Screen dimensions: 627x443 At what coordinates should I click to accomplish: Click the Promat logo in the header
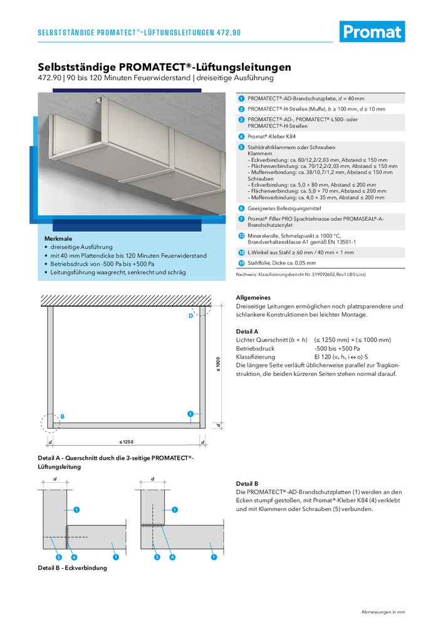[x=372, y=31]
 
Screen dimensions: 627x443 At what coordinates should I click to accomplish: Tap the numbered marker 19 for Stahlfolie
[x=241, y=264]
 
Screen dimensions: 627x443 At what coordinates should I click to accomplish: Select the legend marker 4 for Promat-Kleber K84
[x=241, y=136]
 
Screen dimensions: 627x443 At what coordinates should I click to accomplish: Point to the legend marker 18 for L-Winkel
[x=241, y=252]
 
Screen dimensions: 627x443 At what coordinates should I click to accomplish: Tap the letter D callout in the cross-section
[x=190, y=316]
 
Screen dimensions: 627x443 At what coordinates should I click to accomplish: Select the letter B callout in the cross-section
[x=62, y=416]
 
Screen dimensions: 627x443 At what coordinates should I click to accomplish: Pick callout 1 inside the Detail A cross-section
[x=189, y=413]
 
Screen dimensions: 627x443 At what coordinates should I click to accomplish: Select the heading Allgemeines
[x=253, y=297]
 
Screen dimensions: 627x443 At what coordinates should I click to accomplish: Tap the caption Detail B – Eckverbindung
[x=73, y=568]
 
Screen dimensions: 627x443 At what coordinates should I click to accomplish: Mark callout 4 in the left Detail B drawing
[x=74, y=557]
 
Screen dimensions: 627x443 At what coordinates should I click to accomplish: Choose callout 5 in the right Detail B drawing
[x=157, y=557]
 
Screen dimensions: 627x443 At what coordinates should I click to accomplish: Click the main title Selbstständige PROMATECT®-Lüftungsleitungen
[x=164, y=66]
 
